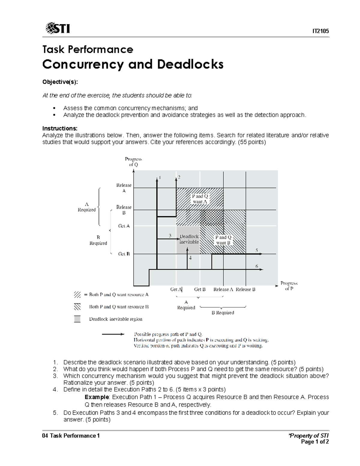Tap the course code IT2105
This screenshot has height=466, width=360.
point(320,31)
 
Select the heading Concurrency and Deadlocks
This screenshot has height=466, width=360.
point(133,64)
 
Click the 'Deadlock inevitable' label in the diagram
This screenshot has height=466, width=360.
point(189,239)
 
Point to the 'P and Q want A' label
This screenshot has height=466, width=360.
point(200,199)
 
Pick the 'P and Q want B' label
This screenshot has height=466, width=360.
point(223,240)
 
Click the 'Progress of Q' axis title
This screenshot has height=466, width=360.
point(133,162)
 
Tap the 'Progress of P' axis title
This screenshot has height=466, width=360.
point(289,286)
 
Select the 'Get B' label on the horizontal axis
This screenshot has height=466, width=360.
point(200,290)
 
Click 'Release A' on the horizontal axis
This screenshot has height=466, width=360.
point(223,290)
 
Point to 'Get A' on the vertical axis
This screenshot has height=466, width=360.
point(124,226)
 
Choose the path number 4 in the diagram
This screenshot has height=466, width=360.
point(190,258)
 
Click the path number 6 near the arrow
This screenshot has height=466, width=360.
point(257,266)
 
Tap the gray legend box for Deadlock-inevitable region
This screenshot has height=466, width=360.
point(77,319)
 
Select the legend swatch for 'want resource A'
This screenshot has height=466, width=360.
point(77,295)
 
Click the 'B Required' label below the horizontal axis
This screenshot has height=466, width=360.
point(223,313)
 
